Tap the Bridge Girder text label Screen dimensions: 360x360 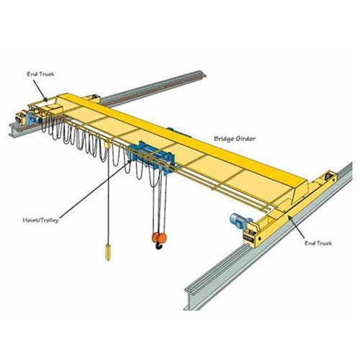(x=233, y=137)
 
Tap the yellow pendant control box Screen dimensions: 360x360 (x=109, y=252)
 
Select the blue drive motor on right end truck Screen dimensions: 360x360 (x=238, y=218)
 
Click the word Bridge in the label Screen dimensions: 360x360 (x=222, y=137)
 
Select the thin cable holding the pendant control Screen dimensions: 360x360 (x=109, y=209)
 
